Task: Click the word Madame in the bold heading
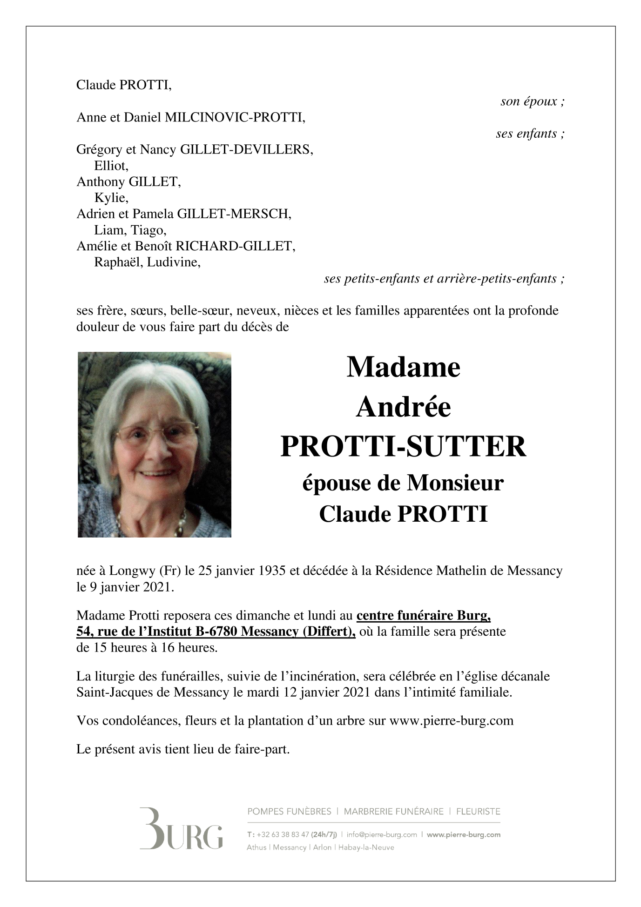coord(403,367)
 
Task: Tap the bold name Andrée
coord(403,407)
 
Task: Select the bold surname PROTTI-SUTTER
coord(403,446)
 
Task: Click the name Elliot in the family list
coord(111,166)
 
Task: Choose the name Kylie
coord(111,198)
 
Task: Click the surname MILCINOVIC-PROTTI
coord(235,118)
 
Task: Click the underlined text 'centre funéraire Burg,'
coord(424,616)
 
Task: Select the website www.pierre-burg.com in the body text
coord(451,721)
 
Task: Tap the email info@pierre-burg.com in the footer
coord(382,834)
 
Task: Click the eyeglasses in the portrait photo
coord(156,434)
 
